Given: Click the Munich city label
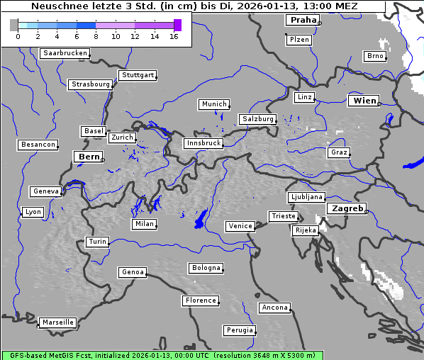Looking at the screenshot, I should coord(214,104).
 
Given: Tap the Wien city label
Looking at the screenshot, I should coord(364,101).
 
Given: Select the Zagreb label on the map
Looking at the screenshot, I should coord(346,208).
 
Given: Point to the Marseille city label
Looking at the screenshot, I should coord(57,322).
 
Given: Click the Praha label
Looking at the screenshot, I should coord(303,20).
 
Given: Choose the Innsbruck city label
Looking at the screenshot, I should coord(203,143).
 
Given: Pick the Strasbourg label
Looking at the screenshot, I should coord(91,84).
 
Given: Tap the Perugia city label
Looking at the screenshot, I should coord(240,330).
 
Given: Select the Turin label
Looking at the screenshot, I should coord(97,242).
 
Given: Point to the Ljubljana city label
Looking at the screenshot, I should coord(306,197).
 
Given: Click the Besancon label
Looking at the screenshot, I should coord(38,145).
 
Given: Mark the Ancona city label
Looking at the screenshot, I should coord(274,308).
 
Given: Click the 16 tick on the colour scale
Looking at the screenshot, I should coord(174,36).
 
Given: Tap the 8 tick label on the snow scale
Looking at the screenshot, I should coord(95,36).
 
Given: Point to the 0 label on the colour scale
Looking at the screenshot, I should coord(18,36).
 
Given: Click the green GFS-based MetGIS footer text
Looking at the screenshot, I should coord(162,355).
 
